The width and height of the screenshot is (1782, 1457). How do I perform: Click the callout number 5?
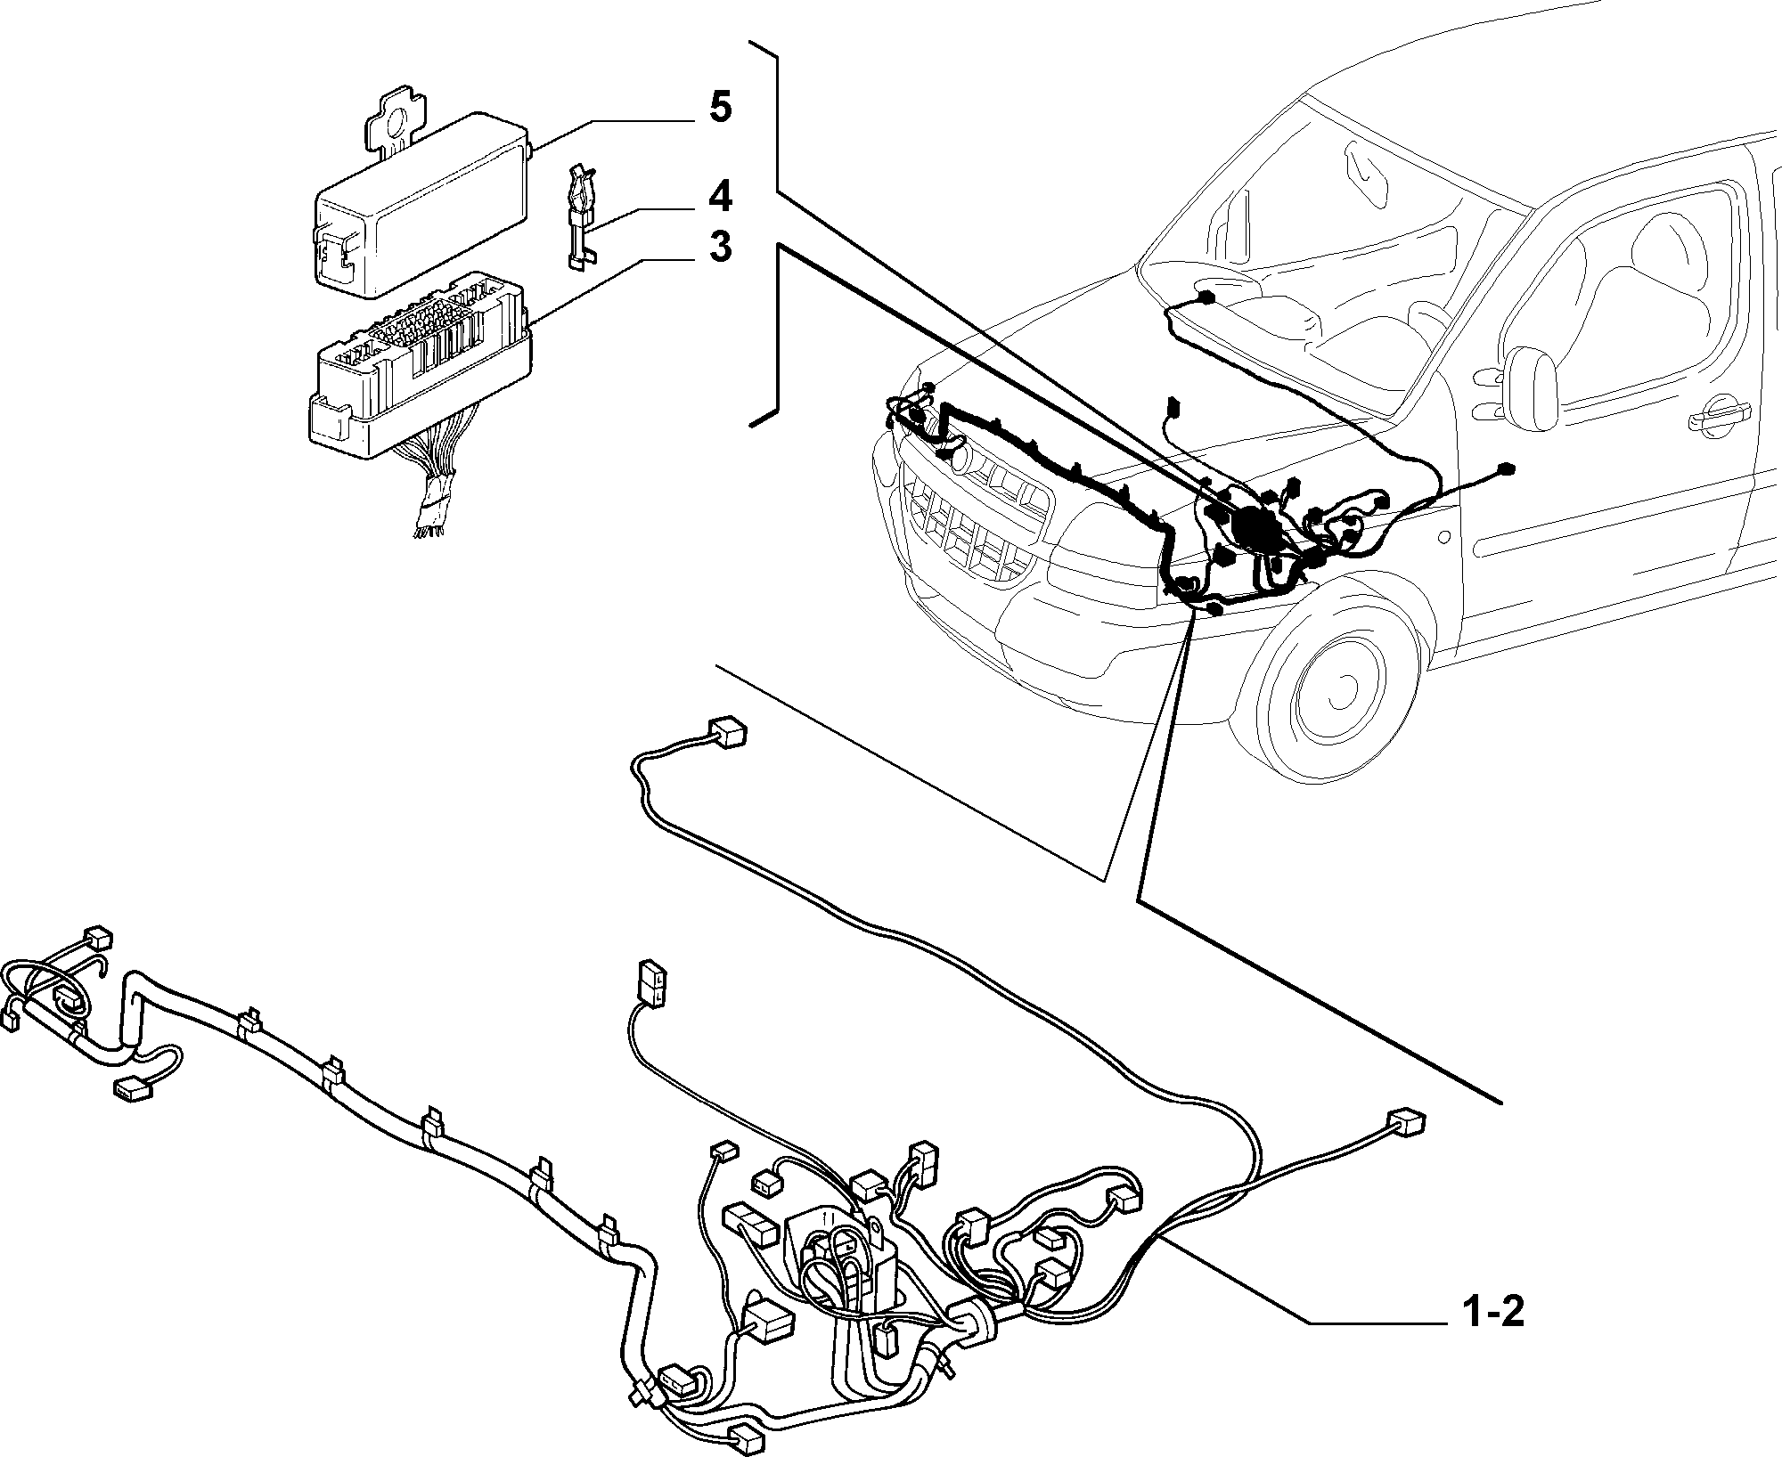pyautogui.click(x=720, y=108)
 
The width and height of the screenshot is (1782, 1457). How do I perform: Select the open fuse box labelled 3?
pyautogui.click(x=419, y=365)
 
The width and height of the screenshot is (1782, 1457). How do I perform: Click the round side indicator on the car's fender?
pyautogui.click(x=1443, y=537)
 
